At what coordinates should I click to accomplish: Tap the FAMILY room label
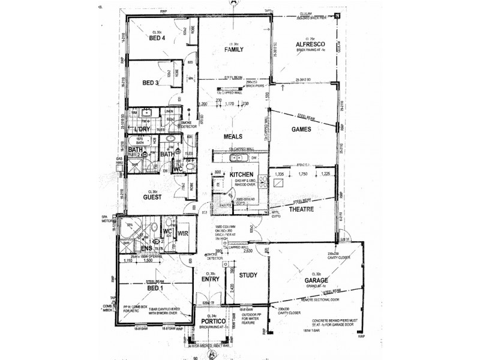233,50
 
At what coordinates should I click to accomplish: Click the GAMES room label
299,128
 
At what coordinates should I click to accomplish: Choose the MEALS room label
233,136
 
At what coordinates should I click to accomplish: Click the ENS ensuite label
146,249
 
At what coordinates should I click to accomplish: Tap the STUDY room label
248,276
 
